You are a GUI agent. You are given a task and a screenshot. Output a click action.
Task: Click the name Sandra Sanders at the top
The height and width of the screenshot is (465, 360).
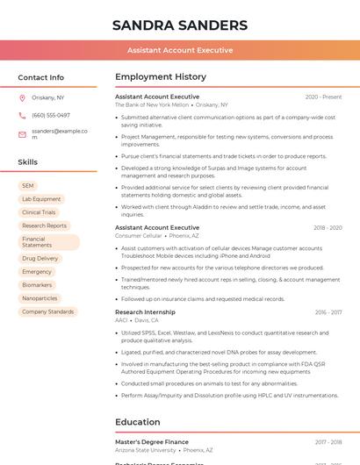(180, 25)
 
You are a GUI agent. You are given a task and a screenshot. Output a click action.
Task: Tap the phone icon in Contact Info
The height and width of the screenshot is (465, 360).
(22, 115)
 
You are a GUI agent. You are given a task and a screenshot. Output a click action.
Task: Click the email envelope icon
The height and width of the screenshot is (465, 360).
(22, 134)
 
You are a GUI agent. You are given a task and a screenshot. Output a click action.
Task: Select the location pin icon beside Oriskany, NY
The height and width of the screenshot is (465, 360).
(22, 97)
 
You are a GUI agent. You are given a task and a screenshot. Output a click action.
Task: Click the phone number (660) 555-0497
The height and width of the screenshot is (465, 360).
(51, 115)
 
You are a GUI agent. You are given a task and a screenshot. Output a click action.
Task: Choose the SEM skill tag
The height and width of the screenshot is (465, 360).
(28, 186)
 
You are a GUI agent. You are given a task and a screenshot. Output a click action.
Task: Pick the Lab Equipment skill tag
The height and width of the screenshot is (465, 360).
(41, 199)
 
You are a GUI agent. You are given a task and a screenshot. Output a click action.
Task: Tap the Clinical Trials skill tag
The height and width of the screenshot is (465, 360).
(39, 212)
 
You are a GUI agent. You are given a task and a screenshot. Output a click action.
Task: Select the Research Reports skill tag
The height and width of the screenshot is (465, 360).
(44, 225)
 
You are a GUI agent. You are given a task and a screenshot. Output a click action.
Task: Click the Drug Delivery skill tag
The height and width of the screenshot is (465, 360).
(40, 259)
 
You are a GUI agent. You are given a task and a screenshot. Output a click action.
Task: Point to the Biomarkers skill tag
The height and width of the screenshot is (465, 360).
(37, 285)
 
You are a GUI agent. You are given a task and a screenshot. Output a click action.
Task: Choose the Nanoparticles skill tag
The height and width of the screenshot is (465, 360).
(40, 298)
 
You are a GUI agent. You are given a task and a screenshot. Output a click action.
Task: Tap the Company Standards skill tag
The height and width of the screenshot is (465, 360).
(48, 311)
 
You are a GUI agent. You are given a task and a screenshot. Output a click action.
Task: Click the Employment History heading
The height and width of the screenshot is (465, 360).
(161, 77)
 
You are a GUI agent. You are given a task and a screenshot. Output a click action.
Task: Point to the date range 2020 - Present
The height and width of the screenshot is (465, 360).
(323, 97)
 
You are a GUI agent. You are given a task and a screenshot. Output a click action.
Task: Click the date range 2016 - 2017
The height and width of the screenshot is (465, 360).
(328, 312)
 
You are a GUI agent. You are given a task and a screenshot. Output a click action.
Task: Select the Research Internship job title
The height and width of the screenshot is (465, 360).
(145, 312)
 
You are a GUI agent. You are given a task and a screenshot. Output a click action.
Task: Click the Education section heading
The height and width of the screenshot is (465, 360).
(138, 422)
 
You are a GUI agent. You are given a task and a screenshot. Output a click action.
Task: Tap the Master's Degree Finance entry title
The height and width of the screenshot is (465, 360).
(152, 442)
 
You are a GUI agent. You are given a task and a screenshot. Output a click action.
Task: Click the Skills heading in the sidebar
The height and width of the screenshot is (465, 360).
(28, 162)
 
